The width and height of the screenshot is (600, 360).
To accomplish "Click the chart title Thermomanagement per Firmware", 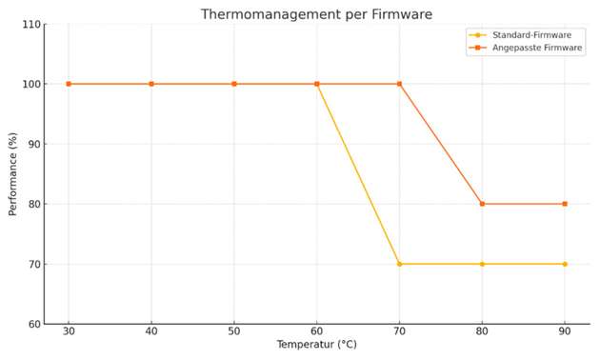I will coord(316,14).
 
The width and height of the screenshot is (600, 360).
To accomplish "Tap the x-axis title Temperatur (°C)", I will coord(316,345).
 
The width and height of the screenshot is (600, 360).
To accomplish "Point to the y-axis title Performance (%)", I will coord(13,174).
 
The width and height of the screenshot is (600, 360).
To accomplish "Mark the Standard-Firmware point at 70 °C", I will coord(399,264).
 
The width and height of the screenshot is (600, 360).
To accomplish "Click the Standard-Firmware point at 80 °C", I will coord(482,264).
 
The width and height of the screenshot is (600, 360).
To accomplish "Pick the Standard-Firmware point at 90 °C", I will coord(565,264).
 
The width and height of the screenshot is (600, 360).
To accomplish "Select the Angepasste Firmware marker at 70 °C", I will coord(399,84).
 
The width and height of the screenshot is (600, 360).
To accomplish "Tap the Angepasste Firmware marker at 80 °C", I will coord(482,204).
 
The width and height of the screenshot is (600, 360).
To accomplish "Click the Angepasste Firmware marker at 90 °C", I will coord(565,204).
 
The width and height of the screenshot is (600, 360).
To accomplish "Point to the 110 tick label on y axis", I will coord(31,24).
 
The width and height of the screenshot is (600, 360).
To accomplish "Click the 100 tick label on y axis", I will coord(31,84).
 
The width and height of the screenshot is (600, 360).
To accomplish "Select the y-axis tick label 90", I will coord(34,144).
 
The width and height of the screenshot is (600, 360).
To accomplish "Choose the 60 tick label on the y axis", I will coord(34,324).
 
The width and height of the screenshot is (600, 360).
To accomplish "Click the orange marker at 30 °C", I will coord(69,84).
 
